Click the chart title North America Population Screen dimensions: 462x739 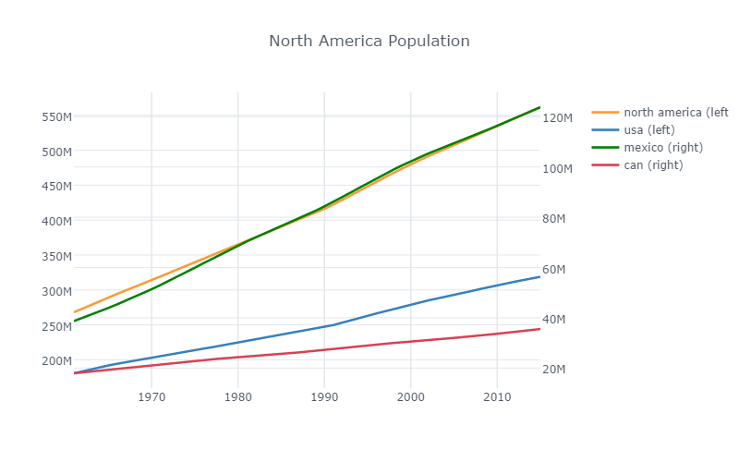coord(369,42)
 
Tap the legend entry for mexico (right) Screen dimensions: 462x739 coord(663,148)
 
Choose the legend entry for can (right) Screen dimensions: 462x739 coord(653,165)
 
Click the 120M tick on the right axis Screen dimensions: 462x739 coord(558,118)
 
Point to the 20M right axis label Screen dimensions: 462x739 coord(556,370)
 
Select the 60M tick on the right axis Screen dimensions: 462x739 coord(556,269)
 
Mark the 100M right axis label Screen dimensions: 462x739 coord(558,168)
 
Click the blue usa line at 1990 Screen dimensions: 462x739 coord(324,326)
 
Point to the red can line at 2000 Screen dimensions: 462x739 coord(410,341)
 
